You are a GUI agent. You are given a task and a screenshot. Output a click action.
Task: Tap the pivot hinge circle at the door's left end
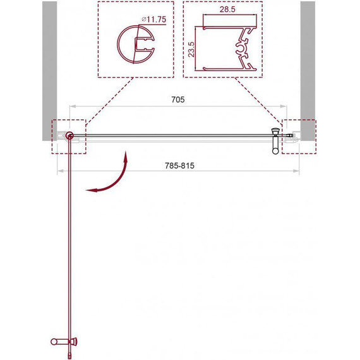tap(69, 135)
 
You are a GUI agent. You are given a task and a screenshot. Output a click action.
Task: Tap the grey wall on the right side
tap(308, 69)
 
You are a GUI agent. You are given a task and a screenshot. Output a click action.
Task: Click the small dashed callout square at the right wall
tap(297, 136)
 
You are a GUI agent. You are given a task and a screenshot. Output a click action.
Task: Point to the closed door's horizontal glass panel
tap(171, 135)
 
